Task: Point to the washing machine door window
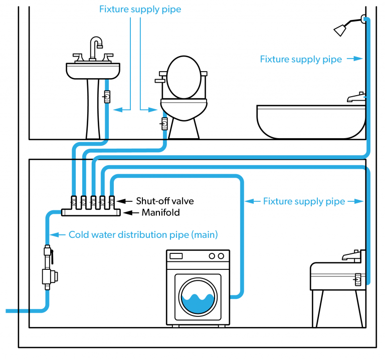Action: pos(198,296)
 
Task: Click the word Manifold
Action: pos(160,213)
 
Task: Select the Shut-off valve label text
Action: pos(165,201)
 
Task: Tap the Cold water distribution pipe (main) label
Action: pos(143,234)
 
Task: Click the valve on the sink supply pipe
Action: pos(107,96)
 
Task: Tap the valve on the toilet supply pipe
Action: pos(164,122)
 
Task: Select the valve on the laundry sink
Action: pos(358,278)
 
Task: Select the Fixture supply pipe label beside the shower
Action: pos(301,59)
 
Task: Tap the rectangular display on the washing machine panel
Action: pos(176,256)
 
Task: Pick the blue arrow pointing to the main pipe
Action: pos(59,234)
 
